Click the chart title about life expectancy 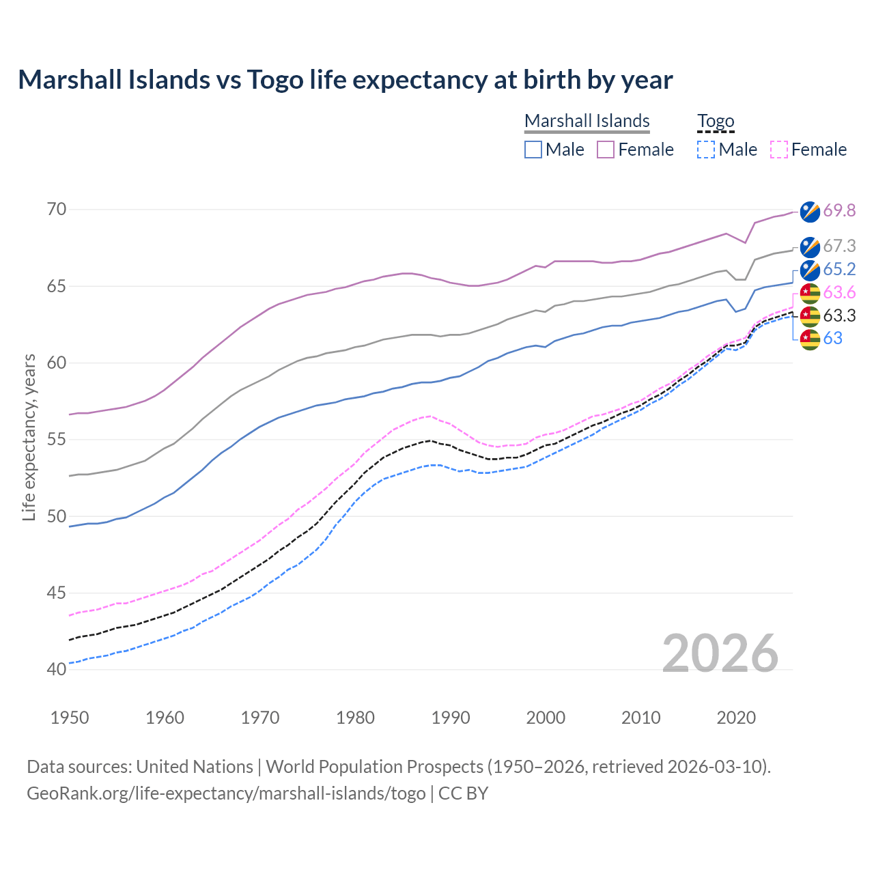click(346, 80)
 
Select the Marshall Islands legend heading click(587, 121)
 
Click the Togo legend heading click(715, 122)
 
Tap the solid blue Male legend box click(533, 150)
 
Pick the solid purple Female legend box click(606, 150)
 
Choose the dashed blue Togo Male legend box click(706, 150)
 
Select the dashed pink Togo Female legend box click(778, 150)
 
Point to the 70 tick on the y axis click(57, 209)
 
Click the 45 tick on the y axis click(57, 593)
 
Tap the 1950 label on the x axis click(70, 718)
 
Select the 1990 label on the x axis click(451, 718)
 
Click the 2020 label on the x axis click(736, 718)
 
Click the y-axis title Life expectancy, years click(29, 437)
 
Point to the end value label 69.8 click(839, 211)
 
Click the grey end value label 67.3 click(839, 246)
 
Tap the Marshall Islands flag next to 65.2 click(810, 270)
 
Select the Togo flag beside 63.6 click(810, 293)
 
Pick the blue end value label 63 click(832, 339)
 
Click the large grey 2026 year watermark click(720, 653)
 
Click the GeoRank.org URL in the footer click(226, 793)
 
